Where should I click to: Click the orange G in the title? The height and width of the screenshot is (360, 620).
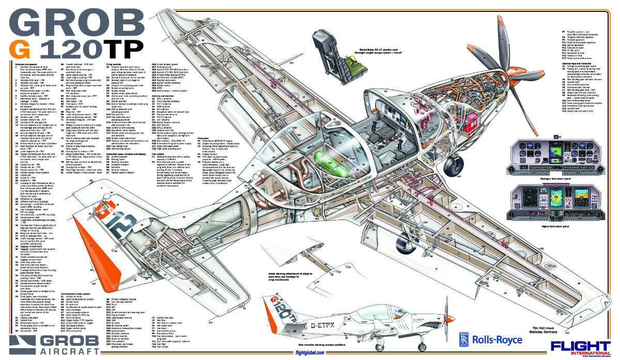23,49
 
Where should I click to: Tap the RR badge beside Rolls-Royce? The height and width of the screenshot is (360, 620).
462,338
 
